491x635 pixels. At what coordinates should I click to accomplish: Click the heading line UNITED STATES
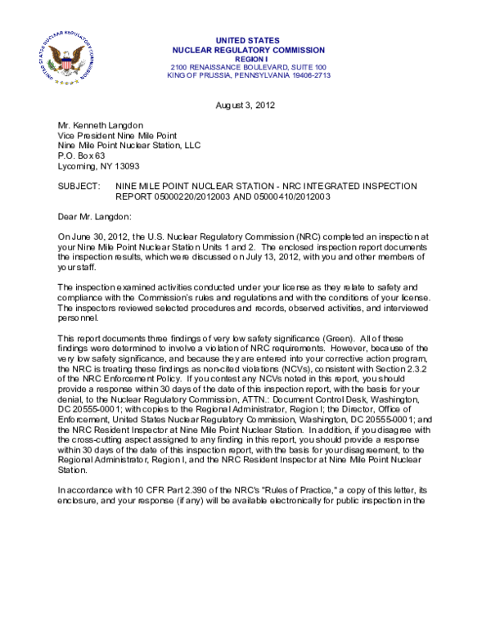pos(246,40)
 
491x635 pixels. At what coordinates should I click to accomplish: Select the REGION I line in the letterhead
pos(247,58)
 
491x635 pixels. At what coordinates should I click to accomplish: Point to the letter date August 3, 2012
pos(245,105)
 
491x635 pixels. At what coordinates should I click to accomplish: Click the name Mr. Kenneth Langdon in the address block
pos(100,126)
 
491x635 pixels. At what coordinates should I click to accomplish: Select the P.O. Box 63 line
pos(81,155)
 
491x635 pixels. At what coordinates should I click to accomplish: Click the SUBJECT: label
pos(79,187)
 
